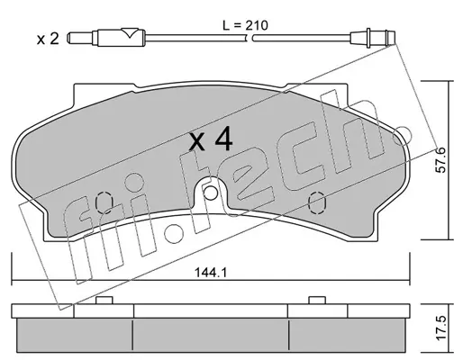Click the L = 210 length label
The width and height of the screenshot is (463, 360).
click(x=245, y=26)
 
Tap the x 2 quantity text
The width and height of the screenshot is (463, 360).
click(x=48, y=39)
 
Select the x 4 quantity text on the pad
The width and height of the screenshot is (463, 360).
click(x=211, y=139)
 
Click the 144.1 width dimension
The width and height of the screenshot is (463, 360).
click(x=211, y=273)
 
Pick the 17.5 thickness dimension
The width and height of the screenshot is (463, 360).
click(x=440, y=328)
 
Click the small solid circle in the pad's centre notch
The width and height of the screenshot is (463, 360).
click(x=210, y=193)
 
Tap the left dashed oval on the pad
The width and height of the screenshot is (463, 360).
click(x=104, y=202)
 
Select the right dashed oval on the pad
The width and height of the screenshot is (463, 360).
click(x=317, y=202)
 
